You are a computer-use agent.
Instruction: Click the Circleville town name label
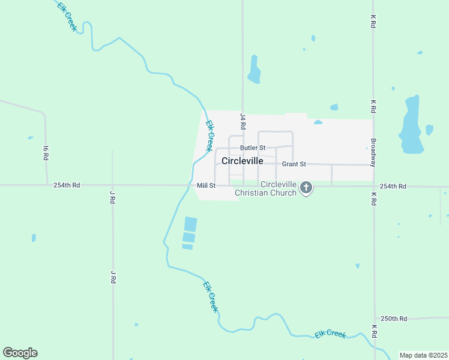click(242, 161)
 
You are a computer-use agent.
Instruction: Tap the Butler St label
click(252, 148)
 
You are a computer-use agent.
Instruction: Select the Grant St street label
click(294, 164)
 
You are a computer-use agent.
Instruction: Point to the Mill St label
click(206, 185)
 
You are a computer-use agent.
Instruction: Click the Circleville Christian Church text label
click(266, 188)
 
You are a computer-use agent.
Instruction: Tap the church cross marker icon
click(306, 188)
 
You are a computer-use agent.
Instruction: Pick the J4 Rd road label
click(243, 122)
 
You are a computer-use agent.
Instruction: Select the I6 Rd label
click(46, 152)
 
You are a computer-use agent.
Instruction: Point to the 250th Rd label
click(394, 318)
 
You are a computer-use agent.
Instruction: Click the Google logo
click(20, 353)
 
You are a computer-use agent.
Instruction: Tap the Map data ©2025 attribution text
click(423, 355)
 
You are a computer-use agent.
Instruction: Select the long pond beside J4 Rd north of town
click(255, 70)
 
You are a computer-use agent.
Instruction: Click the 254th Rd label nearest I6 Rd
click(66, 185)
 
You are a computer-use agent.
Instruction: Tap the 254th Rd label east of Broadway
click(393, 186)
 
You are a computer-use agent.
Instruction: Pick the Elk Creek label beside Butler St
click(209, 136)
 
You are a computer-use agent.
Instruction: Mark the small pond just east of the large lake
click(429, 130)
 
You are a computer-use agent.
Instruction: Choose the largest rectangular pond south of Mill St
click(190, 224)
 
